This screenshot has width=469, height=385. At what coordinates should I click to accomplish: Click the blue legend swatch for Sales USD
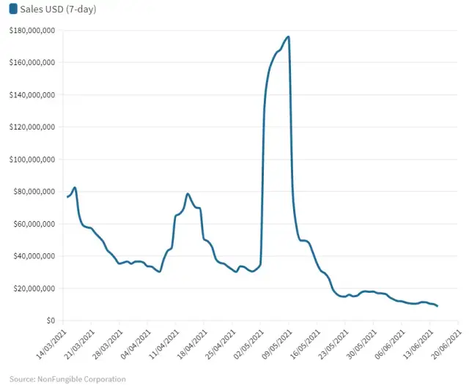pos(12,9)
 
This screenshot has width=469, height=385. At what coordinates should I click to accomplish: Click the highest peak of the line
pos(289,37)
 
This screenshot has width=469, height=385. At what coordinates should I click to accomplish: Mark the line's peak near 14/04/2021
pos(188,194)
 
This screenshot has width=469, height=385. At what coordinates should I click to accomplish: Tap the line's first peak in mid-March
pos(75,188)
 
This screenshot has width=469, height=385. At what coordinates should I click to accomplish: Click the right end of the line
pos(437,306)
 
